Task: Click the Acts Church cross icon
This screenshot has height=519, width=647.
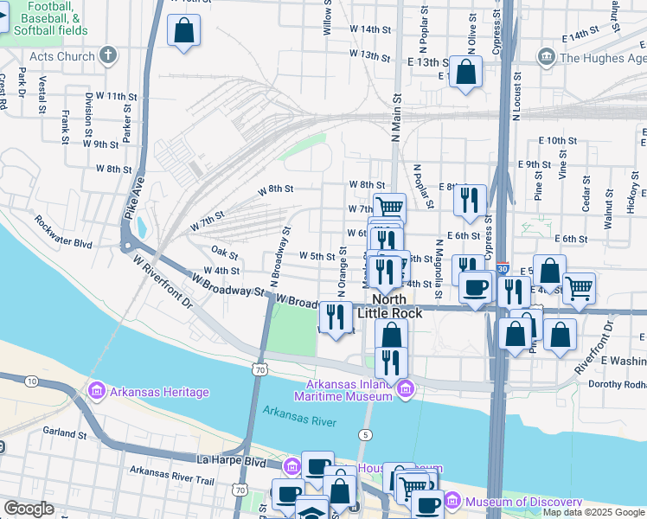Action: pyautogui.click(x=108, y=56)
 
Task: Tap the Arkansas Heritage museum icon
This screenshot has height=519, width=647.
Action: pyautogui.click(x=96, y=392)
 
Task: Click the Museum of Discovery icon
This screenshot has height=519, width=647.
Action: pyautogui.click(x=454, y=503)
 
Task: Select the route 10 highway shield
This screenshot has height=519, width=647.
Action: pyautogui.click(x=31, y=381)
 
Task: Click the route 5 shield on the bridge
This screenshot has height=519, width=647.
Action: pyautogui.click(x=367, y=433)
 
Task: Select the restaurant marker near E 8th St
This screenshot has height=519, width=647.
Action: pyautogui.click(x=470, y=200)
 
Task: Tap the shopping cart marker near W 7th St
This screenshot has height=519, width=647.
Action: pyautogui.click(x=390, y=207)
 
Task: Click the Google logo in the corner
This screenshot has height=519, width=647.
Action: pyautogui.click(x=29, y=509)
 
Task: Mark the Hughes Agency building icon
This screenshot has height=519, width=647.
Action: pyautogui.click(x=547, y=58)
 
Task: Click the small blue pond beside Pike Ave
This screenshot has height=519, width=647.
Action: pyautogui.click(x=141, y=227)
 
